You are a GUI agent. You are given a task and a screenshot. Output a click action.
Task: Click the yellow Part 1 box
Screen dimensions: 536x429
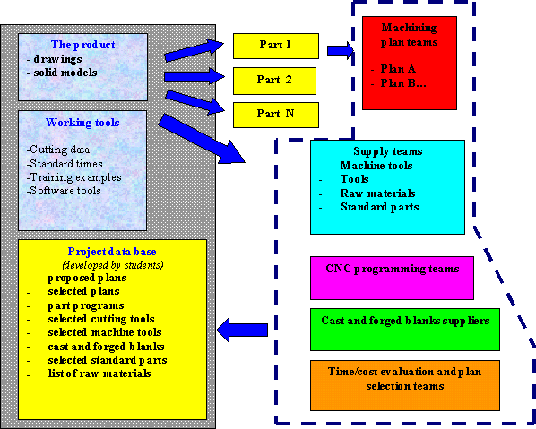[276, 46]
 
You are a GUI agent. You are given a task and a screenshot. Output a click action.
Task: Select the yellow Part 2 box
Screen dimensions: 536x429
[274, 81]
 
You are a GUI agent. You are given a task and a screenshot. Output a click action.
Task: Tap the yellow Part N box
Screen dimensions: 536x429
[276, 115]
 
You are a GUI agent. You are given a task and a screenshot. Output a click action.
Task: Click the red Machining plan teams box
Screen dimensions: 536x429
[410, 63]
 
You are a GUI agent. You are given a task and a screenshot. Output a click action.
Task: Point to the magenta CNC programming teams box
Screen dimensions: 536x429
[392, 278]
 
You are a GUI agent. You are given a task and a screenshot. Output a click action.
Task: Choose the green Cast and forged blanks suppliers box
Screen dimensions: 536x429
[405, 330]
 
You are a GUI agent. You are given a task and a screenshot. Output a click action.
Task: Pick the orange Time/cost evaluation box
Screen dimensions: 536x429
[405, 385]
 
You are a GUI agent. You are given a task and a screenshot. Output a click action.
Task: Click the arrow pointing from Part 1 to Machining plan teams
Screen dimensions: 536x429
[341, 50]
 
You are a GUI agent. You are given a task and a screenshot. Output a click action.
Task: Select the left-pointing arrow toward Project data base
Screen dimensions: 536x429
[242, 330]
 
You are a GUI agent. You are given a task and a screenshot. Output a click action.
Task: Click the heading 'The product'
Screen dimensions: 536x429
[83, 45]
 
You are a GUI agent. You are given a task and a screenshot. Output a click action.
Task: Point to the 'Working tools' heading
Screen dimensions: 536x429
[82, 123]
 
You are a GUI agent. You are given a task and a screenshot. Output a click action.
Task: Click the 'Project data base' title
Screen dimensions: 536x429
[112, 252]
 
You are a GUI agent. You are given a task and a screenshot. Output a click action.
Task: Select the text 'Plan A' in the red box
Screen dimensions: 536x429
[398, 69]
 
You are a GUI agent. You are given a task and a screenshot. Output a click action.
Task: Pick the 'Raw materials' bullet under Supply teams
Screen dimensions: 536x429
[377, 193]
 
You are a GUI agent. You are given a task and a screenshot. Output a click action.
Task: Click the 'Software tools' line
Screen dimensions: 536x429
[64, 191]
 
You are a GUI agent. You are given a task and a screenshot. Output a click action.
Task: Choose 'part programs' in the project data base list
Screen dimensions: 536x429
[86, 305]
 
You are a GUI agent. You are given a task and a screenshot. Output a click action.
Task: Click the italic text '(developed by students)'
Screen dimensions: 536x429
[112, 265]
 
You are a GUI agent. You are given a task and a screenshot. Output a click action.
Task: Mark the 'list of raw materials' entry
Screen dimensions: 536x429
[99, 373]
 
